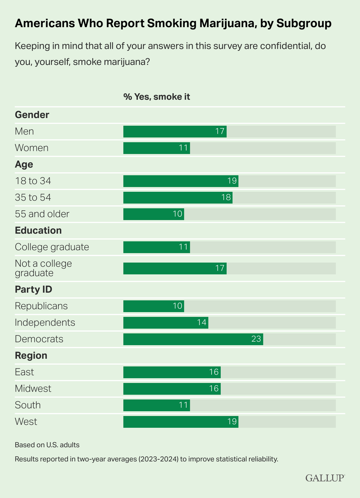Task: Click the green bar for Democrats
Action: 193,339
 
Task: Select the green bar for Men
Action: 174,131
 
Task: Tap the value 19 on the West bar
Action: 232,422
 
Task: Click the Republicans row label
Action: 41,306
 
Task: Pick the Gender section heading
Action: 32,115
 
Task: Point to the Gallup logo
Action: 325,478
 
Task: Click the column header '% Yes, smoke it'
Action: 156,97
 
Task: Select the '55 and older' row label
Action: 42,214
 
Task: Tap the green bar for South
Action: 156,405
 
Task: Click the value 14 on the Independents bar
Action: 202,323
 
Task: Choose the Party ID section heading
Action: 33,289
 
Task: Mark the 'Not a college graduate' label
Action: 43,268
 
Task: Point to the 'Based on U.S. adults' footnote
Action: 47,445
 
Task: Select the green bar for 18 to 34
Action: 180,181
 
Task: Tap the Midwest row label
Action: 33,389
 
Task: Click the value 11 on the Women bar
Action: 183,148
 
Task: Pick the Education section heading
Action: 38,231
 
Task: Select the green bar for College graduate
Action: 156,247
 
